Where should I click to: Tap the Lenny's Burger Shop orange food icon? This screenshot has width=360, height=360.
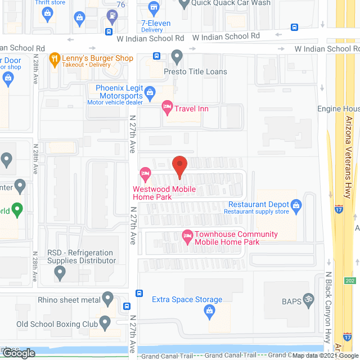[55, 58]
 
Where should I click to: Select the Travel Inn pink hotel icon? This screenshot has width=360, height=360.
[167, 106]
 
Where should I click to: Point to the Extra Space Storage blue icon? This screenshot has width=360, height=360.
[209, 310]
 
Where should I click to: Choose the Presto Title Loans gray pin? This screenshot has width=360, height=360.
[177, 56]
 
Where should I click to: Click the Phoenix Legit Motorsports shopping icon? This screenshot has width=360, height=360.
[150, 92]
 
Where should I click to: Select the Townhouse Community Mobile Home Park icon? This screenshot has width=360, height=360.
[187, 237]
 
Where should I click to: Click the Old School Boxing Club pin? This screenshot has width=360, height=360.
[105, 323]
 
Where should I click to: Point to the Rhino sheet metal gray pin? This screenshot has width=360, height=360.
[107, 298]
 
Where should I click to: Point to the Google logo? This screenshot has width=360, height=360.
[18, 353]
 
